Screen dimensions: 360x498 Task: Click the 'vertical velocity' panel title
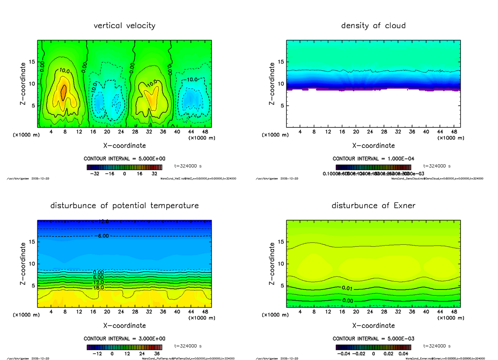point(124,26)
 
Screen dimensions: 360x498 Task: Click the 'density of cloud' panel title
point(373,26)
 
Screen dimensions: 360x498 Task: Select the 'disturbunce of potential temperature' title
point(124,206)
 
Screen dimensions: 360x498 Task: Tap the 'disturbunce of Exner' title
point(373,206)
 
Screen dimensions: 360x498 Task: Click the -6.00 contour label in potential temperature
point(101,236)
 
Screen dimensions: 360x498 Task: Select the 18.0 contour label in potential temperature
point(99,287)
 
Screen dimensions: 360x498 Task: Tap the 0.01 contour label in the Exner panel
point(347,288)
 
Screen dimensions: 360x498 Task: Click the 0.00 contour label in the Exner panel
point(347,301)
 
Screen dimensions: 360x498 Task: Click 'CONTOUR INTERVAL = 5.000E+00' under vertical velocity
point(124,159)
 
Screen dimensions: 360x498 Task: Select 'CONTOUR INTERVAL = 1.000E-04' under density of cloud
point(373,159)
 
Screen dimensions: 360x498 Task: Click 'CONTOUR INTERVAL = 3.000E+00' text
point(124,339)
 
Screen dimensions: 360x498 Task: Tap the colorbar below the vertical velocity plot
point(124,167)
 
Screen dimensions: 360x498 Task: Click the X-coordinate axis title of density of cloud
point(373,146)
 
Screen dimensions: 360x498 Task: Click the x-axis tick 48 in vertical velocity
point(205,132)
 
